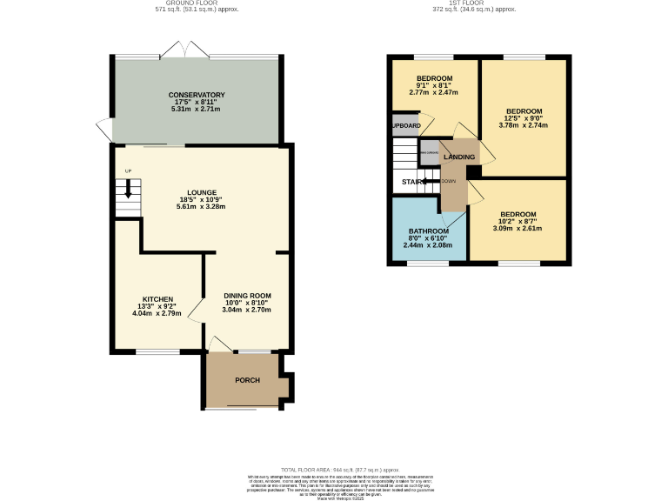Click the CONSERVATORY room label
click(197, 95)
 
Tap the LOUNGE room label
click(201, 192)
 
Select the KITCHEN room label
click(157, 299)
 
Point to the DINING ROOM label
click(247, 295)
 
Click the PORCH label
click(247, 380)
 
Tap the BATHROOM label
click(428, 231)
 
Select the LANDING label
click(459, 157)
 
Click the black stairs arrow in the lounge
click(128, 190)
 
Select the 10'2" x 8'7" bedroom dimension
click(518, 222)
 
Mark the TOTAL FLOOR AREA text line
click(333, 469)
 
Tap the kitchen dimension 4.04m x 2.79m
click(157, 313)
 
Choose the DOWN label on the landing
click(449, 181)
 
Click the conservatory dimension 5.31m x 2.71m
click(197, 110)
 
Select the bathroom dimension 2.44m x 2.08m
click(428, 246)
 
